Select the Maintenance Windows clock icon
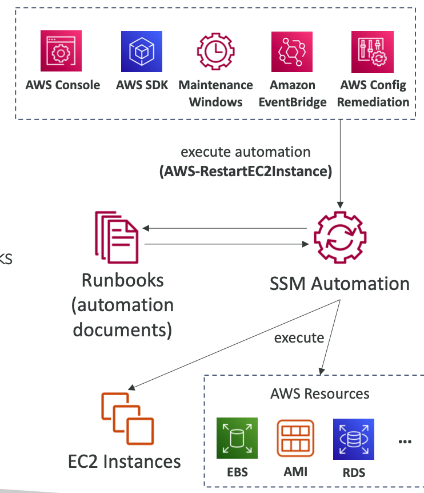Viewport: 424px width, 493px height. (x=216, y=52)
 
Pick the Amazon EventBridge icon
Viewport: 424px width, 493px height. (x=291, y=52)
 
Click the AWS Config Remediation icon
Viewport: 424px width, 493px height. (x=371, y=52)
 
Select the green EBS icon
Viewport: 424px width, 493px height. (x=237, y=438)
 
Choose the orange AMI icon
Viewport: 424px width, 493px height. (x=295, y=438)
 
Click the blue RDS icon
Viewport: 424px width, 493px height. (x=353, y=438)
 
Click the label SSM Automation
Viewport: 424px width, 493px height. (x=339, y=283)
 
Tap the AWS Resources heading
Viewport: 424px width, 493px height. (x=320, y=394)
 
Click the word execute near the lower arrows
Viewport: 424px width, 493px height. (x=299, y=338)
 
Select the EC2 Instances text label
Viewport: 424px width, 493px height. (x=124, y=462)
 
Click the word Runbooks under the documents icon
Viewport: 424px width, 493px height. (x=122, y=280)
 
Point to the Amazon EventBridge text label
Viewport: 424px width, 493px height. (x=293, y=94)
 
